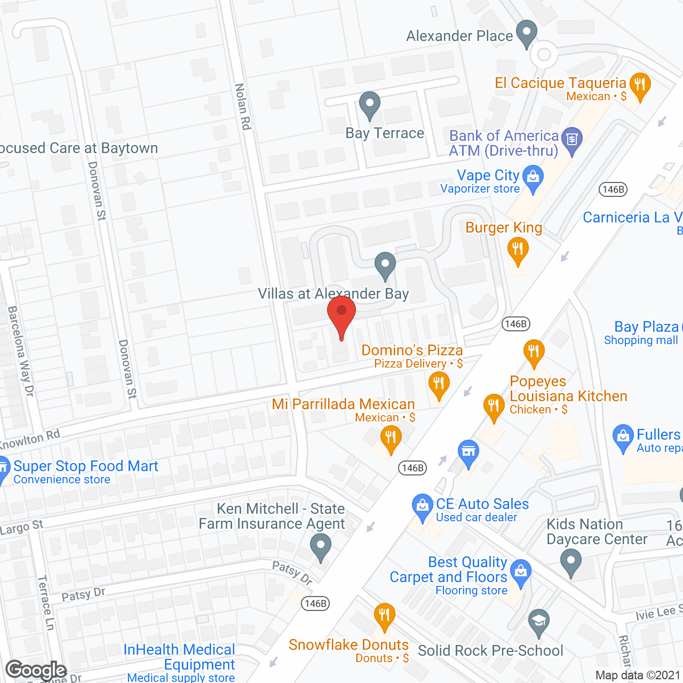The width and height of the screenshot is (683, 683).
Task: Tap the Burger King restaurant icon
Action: [518, 249]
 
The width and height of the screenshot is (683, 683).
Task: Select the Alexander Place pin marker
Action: [527, 33]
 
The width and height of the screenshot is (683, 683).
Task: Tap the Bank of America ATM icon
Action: [571, 140]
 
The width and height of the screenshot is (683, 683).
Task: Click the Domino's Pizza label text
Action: [412, 350]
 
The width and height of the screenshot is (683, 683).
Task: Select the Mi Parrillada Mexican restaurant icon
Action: [391, 439]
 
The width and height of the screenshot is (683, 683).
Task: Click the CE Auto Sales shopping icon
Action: [423, 506]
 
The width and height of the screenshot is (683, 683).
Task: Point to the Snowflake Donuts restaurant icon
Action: [384, 615]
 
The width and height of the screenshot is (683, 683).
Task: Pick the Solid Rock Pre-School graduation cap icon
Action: [539, 621]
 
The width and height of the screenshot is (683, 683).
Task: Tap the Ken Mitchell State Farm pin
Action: [320, 547]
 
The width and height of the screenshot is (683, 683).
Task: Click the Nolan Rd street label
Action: [243, 107]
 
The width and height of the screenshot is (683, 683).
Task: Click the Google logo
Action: [36, 670]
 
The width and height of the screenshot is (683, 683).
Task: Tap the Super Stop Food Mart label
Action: [85, 466]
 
